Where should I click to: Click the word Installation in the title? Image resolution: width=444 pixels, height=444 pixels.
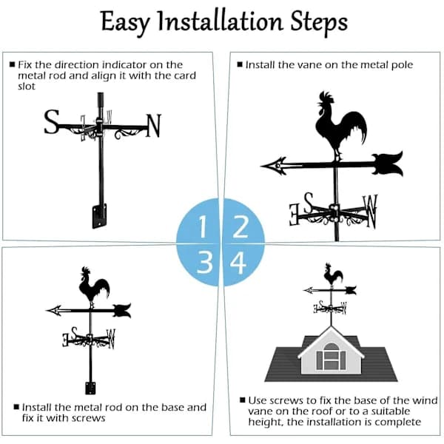pos(221,21)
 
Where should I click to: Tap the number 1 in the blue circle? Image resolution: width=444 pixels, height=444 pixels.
pos(203,226)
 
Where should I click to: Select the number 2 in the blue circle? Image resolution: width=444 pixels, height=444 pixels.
pos(240,226)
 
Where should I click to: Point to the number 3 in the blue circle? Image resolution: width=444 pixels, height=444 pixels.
pos(205,263)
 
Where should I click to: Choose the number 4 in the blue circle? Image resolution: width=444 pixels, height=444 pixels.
pos(238,263)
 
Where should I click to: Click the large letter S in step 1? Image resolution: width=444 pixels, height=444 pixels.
pos(52,122)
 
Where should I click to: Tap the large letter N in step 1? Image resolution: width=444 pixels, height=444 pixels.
pos(153,126)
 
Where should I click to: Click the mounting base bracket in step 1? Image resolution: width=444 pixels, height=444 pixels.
pos(99,216)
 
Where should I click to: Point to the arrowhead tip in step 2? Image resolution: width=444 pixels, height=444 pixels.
pos(260,166)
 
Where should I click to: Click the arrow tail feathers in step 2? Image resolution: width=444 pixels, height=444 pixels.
pos(388,164)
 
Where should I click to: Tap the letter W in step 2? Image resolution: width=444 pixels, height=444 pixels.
pos(371,211)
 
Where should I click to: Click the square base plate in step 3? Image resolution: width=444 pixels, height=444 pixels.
pos(90,388)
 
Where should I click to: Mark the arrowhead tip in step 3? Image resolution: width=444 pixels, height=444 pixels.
pos(46,311)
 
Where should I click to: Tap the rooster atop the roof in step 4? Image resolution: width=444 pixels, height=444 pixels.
pos(333,275)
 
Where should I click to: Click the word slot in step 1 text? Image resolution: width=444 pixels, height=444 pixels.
pos(27,87)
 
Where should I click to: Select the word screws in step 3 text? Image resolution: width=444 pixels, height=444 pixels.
pos(89,418)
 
